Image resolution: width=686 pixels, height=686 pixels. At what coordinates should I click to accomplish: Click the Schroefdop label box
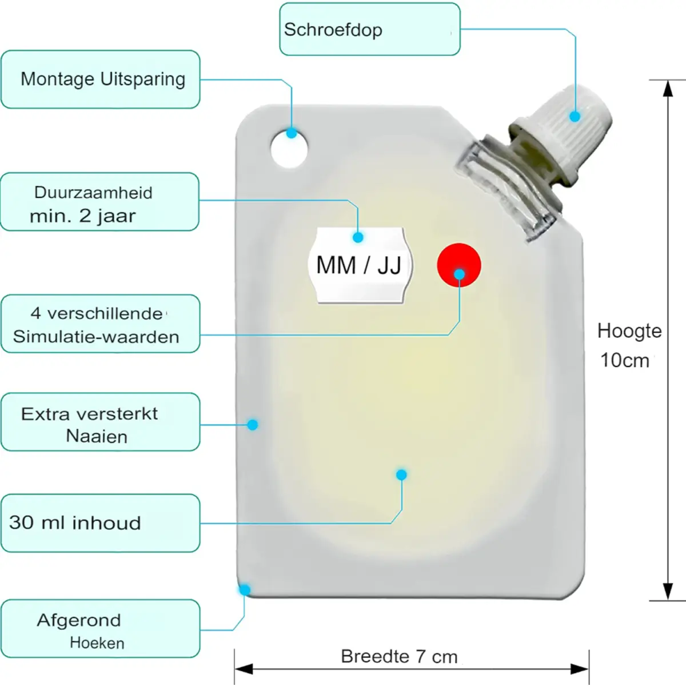(x=369, y=29)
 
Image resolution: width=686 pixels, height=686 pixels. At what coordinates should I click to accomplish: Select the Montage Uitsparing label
(x=101, y=79)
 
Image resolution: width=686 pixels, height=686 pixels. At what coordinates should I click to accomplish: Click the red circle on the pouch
(x=459, y=265)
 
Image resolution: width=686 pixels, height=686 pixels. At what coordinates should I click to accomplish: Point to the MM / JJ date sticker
(x=360, y=265)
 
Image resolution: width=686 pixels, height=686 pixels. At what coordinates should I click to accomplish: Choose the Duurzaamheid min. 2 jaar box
(x=99, y=202)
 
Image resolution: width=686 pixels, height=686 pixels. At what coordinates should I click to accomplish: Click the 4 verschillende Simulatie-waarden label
(x=101, y=324)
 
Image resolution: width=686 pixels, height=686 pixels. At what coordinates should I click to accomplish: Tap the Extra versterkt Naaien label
(x=101, y=422)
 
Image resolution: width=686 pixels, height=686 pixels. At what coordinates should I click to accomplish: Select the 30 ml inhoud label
(x=101, y=523)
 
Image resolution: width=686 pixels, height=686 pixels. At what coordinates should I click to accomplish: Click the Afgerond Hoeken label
(x=101, y=629)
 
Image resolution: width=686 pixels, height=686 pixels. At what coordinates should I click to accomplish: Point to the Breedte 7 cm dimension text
(x=399, y=657)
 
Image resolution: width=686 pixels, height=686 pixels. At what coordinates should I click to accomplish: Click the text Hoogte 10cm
(x=629, y=345)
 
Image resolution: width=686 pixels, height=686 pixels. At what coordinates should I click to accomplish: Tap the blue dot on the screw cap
(x=575, y=117)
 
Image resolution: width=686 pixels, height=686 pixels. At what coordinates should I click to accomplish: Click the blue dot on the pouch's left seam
(x=253, y=424)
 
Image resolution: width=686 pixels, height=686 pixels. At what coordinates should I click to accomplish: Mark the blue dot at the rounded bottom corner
(x=245, y=590)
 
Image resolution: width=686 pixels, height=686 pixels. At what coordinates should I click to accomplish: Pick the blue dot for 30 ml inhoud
(x=401, y=474)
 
